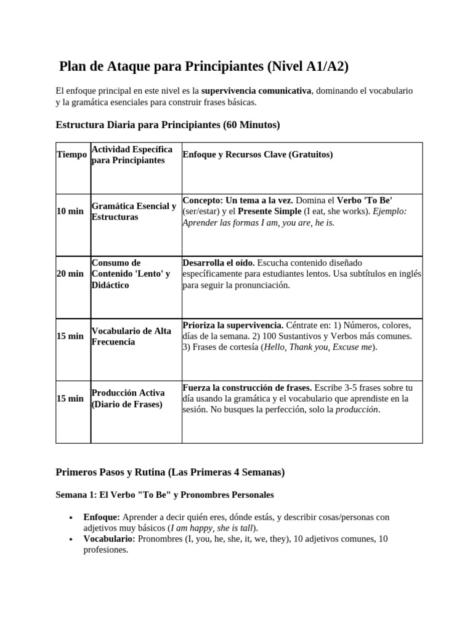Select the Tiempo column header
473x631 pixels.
71,154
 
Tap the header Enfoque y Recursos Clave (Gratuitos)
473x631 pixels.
258,155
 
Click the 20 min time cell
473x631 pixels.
70,274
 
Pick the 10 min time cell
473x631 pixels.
70,211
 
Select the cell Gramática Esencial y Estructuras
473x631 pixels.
134,211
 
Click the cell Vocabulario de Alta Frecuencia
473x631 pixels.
131,336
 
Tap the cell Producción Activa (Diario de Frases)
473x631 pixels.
127,398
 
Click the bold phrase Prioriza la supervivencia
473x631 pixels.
233,325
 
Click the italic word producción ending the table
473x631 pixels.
357,409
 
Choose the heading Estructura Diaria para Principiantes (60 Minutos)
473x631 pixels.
168,125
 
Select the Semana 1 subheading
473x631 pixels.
164,495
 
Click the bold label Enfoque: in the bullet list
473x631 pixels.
102,517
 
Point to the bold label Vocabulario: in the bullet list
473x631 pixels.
110,539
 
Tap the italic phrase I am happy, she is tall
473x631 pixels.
211,528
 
